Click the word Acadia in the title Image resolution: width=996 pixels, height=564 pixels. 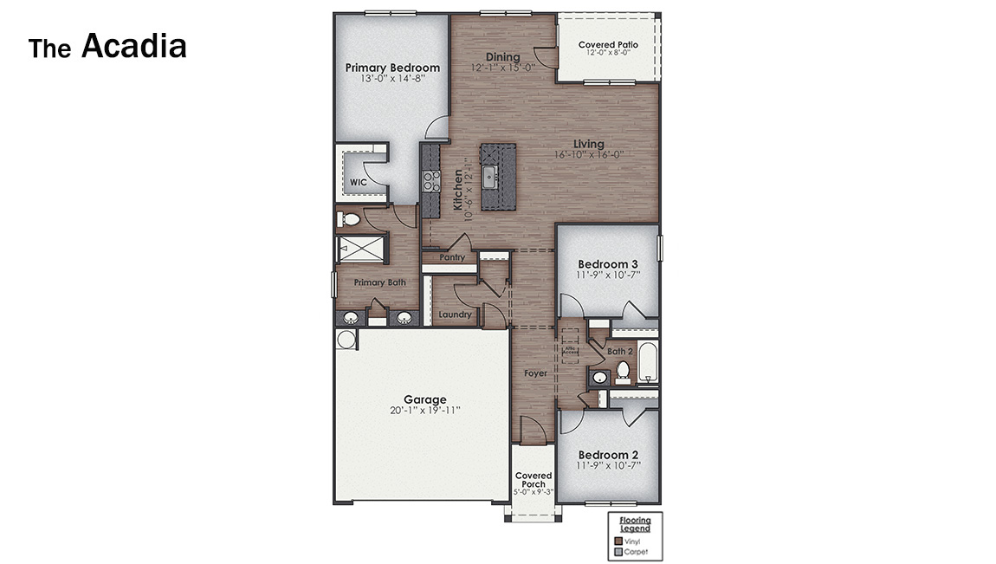click(x=134, y=46)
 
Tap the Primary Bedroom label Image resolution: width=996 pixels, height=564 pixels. click(x=392, y=68)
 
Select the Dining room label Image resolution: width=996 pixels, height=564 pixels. click(x=502, y=57)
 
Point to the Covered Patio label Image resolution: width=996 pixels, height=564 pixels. click(x=608, y=45)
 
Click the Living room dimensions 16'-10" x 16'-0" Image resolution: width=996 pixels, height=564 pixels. click(x=589, y=155)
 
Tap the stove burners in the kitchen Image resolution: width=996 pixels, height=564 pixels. click(x=430, y=180)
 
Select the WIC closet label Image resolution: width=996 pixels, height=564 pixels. click(x=358, y=183)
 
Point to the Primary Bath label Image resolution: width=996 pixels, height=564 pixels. click(x=378, y=282)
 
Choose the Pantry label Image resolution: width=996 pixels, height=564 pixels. click(x=452, y=257)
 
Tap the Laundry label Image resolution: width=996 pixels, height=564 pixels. click(x=455, y=314)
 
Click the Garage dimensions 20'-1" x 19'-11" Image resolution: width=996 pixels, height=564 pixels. click(x=424, y=411)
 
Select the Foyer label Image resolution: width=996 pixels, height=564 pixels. click(x=535, y=373)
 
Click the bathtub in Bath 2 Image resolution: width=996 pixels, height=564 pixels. click(x=649, y=364)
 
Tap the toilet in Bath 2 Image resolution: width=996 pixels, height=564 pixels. click(x=623, y=373)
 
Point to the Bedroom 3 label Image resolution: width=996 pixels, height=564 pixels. click(x=608, y=264)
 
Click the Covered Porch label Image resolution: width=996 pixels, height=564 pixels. click(x=534, y=480)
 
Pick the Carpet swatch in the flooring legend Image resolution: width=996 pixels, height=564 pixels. click(x=618, y=551)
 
